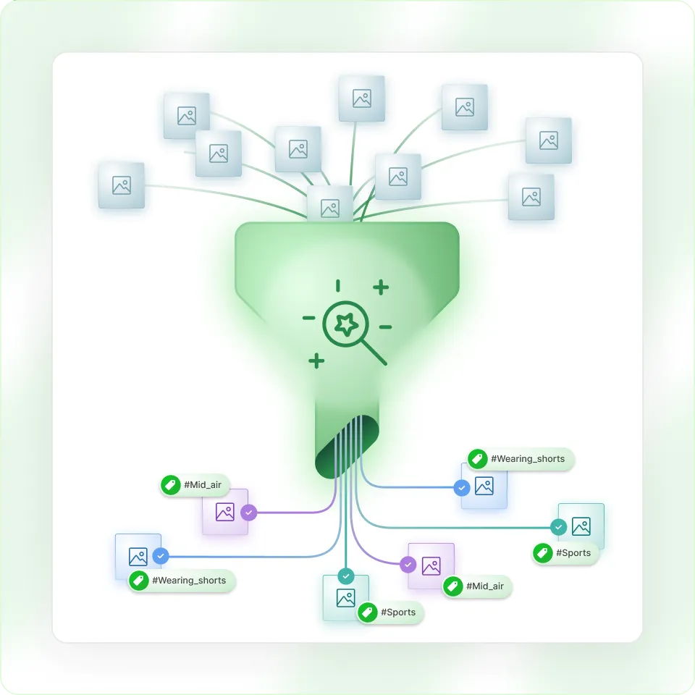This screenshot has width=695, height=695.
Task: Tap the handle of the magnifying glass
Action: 374,352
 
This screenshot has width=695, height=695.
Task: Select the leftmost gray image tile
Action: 122,185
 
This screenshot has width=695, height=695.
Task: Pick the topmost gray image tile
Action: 362,98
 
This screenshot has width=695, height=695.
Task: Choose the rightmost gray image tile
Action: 549,140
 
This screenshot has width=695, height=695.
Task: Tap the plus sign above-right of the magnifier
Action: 381,287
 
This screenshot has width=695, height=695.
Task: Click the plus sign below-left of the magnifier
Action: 316,360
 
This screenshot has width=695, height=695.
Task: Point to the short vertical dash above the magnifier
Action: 338,285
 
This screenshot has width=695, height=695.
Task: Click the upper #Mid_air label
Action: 193,485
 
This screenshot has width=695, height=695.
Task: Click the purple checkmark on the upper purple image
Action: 249,513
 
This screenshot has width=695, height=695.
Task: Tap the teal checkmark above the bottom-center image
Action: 346,576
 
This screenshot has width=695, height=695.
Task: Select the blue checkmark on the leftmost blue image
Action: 161,556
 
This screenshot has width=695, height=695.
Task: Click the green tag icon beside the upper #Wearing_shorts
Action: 477,459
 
